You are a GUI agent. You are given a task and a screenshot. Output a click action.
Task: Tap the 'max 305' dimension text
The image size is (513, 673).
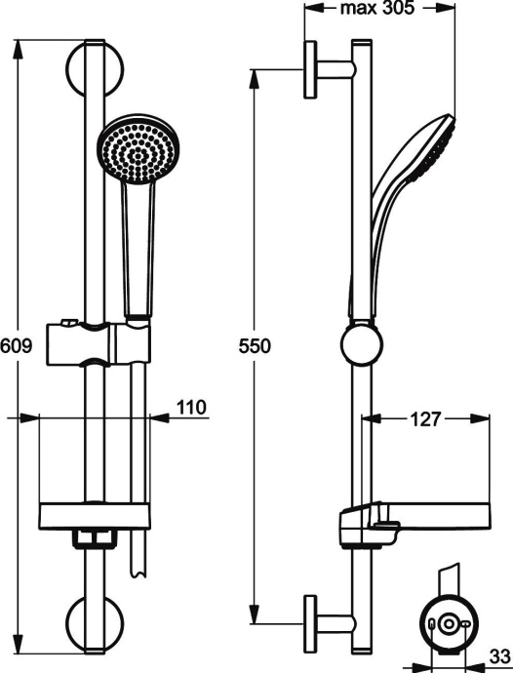377,9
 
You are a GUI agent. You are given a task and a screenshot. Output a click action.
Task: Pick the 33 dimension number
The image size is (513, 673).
497,656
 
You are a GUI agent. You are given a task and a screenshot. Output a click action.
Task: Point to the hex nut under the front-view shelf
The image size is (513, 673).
95,538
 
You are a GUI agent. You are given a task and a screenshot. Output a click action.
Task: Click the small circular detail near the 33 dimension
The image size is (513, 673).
448,625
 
